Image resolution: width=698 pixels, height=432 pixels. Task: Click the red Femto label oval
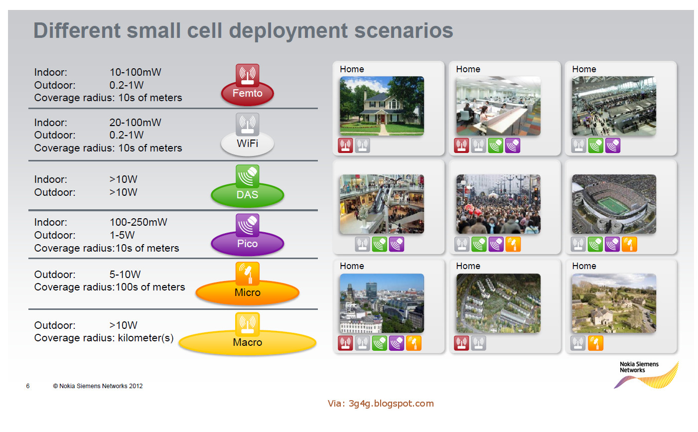(x=247, y=94)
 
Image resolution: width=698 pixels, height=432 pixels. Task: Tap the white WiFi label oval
(x=247, y=144)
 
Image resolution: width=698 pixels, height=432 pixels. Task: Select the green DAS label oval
(x=247, y=195)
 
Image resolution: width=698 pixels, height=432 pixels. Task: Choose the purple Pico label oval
(x=247, y=244)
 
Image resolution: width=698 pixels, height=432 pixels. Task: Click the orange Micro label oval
(x=247, y=292)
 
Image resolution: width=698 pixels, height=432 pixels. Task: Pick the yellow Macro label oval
(x=247, y=343)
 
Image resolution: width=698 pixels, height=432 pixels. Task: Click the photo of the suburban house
(x=382, y=106)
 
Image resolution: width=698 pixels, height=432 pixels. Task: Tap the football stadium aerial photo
(x=614, y=204)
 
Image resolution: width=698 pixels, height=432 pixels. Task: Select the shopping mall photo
(x=382, y=204)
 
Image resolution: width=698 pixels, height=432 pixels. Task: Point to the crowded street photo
(x=498, y=204)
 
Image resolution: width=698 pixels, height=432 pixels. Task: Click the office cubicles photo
(x=498, y=106)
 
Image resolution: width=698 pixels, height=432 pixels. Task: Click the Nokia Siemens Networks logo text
(x=639, y=367)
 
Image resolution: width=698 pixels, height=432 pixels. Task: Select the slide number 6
(x=28, y=386)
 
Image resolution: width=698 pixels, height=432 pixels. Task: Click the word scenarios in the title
(x=404, y=30)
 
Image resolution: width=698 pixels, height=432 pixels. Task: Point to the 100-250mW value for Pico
(x=139, y=222)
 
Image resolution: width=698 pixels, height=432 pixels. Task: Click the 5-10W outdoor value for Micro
(x=125, y=275)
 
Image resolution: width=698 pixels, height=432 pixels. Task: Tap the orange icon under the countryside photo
(x=595, y=343)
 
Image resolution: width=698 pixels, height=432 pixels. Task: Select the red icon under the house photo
(x=345, y=145)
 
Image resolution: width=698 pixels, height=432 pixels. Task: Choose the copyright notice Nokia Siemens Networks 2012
(x=98, y=386)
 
